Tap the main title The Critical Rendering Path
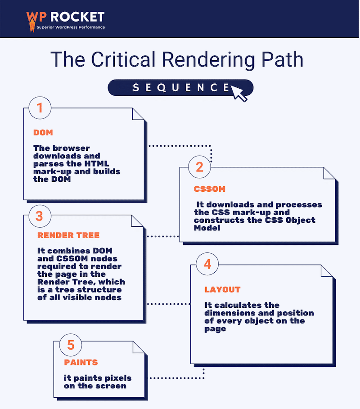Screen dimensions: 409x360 pyautogui.click(x=176, y=60)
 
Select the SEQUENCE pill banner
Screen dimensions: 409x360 pyautogui.click(x=180, y=87)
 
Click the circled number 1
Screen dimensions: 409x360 pyautogui.click(x=39, y=108)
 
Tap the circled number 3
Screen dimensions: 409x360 pyautogui.click(x=39, y=216)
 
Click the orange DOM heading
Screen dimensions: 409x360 pyautogui.click(x=43, y=133)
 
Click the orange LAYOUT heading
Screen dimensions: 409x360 pyautogui.click(x=222, y=289)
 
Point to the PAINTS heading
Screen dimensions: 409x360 pyautogui.click(x=81, y=362)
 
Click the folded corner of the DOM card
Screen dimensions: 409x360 pyautogui.click(x=138, y=114)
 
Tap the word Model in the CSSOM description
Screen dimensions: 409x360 pyautogui.click(x=207, y=228)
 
